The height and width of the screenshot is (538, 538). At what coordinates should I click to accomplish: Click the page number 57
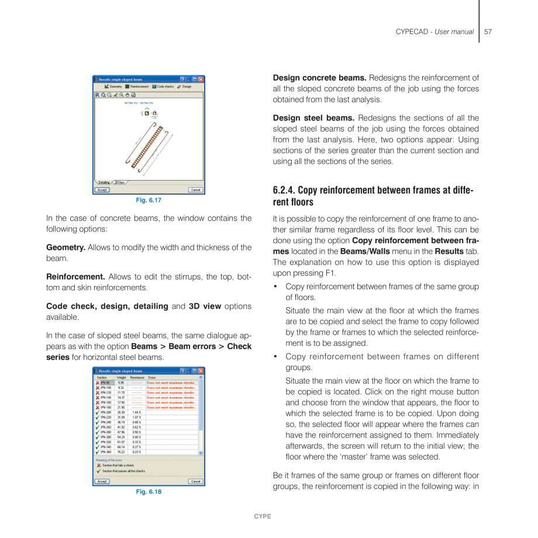488,32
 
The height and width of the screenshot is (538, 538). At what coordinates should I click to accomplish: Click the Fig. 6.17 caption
149,201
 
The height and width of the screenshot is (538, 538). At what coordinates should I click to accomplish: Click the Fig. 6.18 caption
149,492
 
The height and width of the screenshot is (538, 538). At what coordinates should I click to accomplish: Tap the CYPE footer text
263,516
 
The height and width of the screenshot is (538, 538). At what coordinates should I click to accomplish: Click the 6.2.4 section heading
373,196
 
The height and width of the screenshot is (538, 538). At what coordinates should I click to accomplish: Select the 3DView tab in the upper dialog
119,182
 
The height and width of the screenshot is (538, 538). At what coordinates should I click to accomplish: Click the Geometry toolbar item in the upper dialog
113,87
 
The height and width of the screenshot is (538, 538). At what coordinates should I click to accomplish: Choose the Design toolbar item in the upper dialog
184,87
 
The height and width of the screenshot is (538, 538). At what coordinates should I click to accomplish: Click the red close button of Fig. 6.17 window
201,79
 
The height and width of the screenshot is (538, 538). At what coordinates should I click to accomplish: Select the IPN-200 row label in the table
106,412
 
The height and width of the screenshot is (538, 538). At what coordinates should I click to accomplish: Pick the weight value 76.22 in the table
121,452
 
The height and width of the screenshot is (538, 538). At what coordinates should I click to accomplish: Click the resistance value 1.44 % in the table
137,412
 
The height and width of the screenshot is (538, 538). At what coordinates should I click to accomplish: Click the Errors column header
152,378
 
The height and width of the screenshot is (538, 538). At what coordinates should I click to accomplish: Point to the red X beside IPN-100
98,388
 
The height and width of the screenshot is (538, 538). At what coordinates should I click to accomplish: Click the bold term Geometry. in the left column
65,247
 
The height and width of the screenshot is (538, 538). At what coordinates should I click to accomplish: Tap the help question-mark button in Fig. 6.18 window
182,371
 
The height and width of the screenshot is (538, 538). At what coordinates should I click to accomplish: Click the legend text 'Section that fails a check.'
118,465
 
